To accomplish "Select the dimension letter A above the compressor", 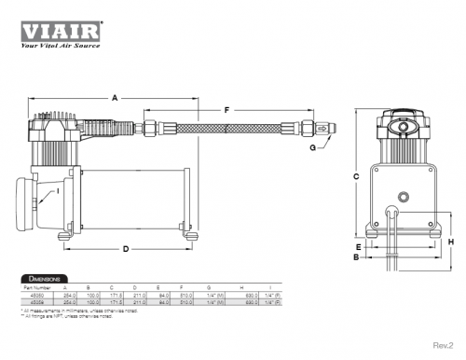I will (x=115, y=97).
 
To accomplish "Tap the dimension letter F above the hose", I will (x=227, y=109).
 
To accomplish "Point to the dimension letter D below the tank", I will (x=125, y=248).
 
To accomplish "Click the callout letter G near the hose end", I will (x=312, y=147).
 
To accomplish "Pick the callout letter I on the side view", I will (x=58, y=190).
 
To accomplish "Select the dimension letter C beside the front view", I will (x=356, y=175).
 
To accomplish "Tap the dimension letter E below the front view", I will (x=356, y=246).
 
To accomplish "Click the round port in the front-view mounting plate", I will (x=404, y=197).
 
